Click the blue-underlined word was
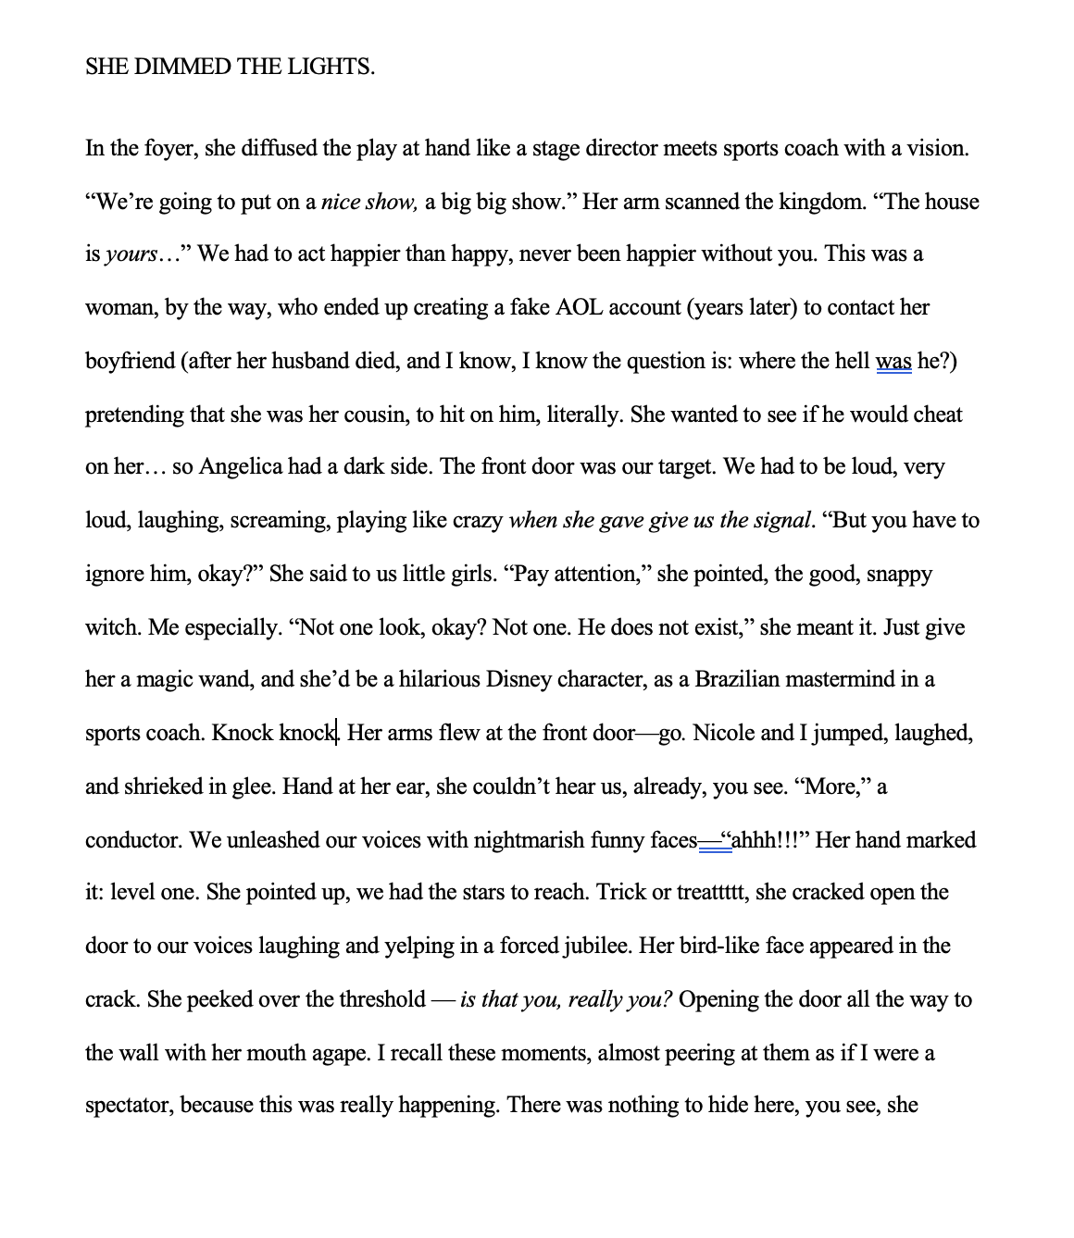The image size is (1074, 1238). point(893,361)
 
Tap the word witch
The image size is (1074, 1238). point(112,628)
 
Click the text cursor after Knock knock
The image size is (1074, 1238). point(338,734)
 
